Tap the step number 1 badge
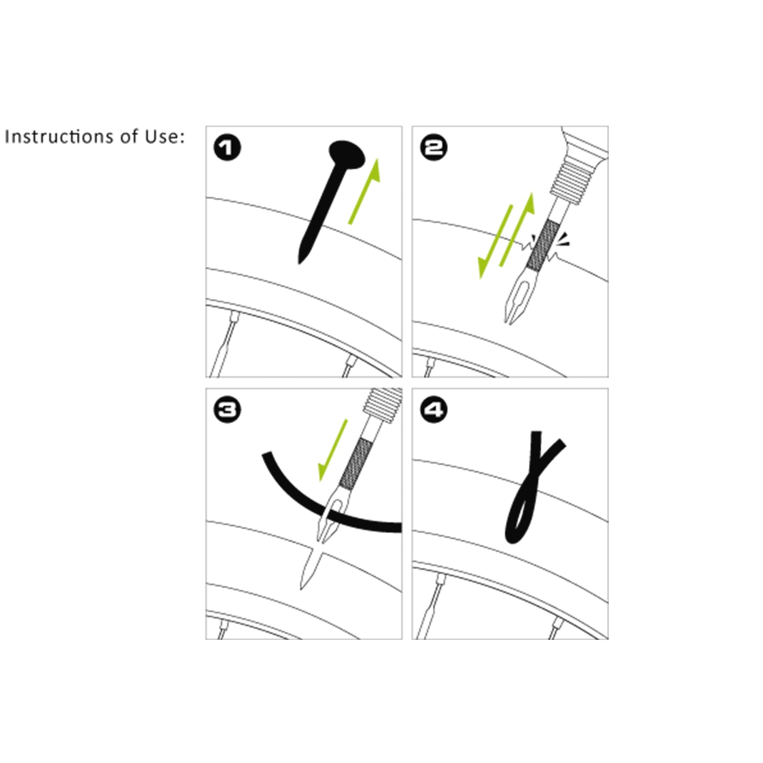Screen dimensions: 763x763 [x=227, y=148]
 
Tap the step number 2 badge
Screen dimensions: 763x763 [x=434, y=148]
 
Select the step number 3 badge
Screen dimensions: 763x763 [x=227, y=410]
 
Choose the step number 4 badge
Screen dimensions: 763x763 [x=434, y=410]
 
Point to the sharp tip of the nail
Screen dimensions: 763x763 [x=299, y=262]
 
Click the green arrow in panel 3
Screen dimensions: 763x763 [x=333, y=450]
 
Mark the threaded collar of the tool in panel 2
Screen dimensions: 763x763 [x=568, y=180]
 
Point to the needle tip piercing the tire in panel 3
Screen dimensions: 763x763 [x=302, y=588]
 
